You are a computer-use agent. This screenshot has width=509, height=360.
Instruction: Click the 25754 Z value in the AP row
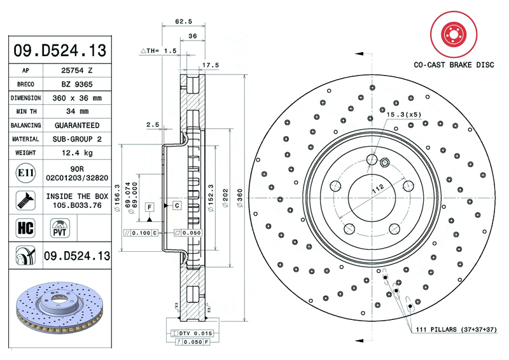click(77, 71)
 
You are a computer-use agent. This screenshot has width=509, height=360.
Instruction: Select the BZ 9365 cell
click(77, 85)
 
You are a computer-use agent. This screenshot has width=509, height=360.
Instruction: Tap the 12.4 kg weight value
click(77, 153)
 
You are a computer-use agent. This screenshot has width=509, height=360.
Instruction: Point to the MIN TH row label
click(25, 112)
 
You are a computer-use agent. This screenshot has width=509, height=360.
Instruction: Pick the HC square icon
click(24, 226)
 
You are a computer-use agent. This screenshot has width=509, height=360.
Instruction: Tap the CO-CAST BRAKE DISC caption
click(454, 65)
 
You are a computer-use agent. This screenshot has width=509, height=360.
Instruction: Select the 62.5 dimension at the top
click(184, 21)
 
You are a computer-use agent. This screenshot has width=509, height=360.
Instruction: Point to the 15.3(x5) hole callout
click(404, 114)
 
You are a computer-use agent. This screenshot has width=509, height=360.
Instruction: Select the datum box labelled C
click(176, 205)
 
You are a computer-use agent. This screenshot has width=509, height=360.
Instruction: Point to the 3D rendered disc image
click(59, 312)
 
